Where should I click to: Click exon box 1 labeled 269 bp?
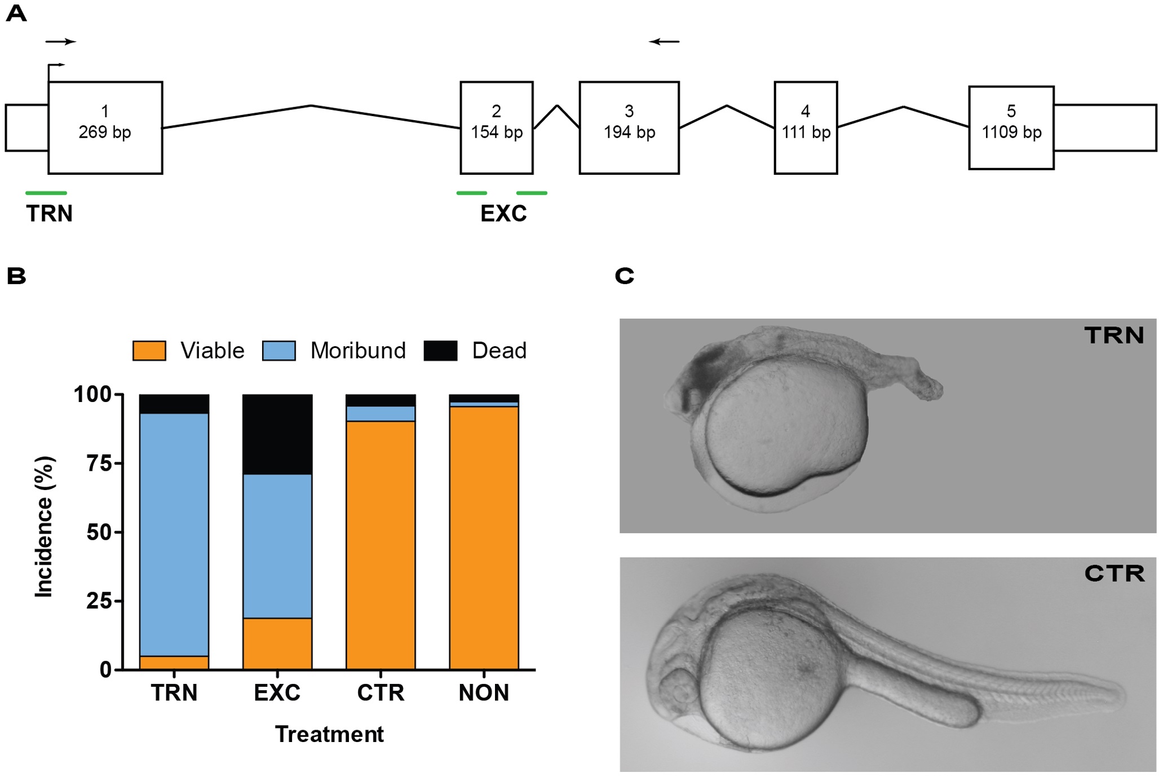(x=105, y=127)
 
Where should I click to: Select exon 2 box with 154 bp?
(x=496, y=127)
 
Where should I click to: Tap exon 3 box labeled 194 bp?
(x=629, y=127)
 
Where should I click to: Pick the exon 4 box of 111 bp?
(x=806, y=127)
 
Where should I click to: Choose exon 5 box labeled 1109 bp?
(x=1011, y=127)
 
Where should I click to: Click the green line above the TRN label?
(x=46, y=193)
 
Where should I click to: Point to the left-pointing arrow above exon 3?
(x=664, y=41)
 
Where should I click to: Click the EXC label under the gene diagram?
(x=503, y=214)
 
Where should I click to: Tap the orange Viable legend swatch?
(x=149, y=350)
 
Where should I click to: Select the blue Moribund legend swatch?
(x=279, y=350)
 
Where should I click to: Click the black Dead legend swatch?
(x=440, y=350)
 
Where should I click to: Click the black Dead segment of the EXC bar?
(x=277, y=434)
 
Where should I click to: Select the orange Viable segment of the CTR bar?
(x=381, y=545)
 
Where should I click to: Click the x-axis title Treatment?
(x=329, y=734)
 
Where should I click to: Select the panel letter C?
(x=625, y=276)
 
